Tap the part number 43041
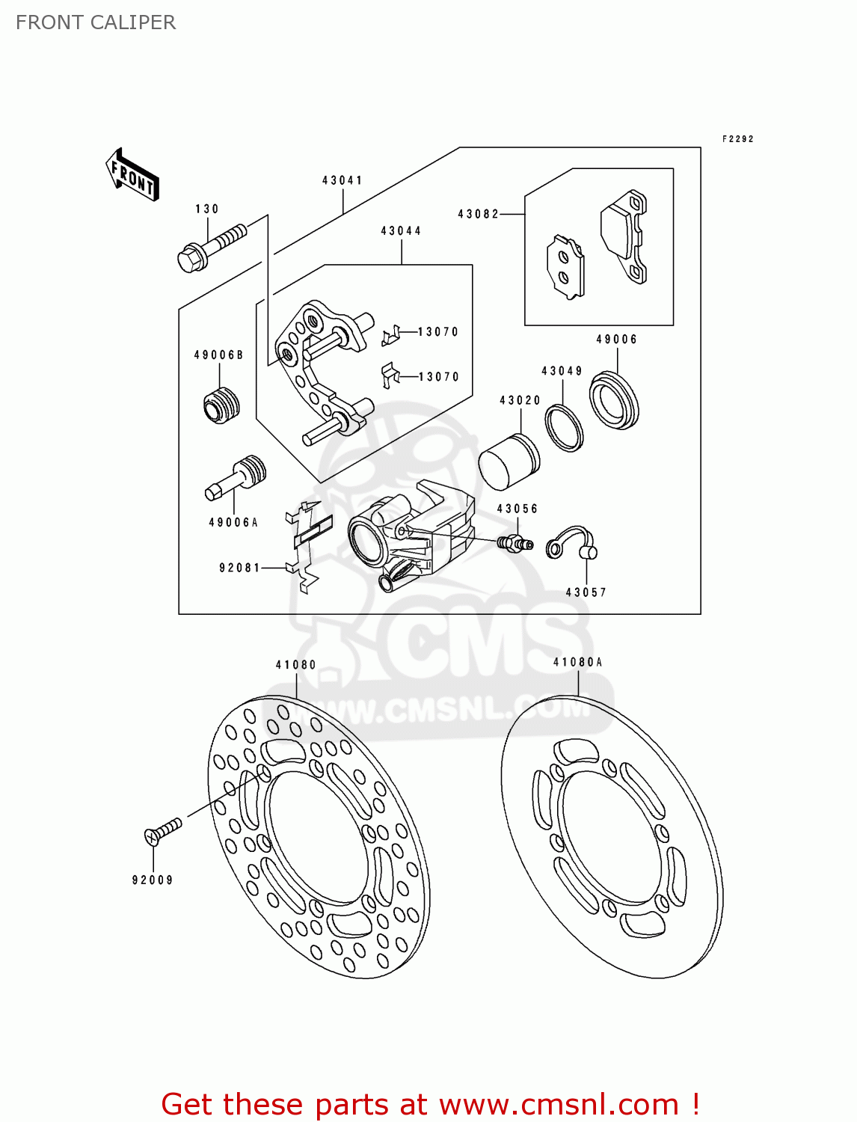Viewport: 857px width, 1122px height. click(343, 180)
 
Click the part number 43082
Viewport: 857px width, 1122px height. click(478, 214)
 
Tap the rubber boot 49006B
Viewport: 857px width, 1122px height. click(221, 406)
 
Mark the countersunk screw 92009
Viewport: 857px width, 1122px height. click(162, 830)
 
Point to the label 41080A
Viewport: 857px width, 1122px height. click(577, 662)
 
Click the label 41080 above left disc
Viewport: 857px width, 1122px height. click(296, 664)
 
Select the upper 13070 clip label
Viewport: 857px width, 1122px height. click(438, 331)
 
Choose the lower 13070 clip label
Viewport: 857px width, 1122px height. click(439, 376)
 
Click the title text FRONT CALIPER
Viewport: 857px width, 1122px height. click(96, 22)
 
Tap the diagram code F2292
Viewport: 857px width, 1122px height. click(737, 138)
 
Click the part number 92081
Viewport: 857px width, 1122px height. click(240, 568)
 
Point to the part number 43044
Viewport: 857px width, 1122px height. click(401, 230)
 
